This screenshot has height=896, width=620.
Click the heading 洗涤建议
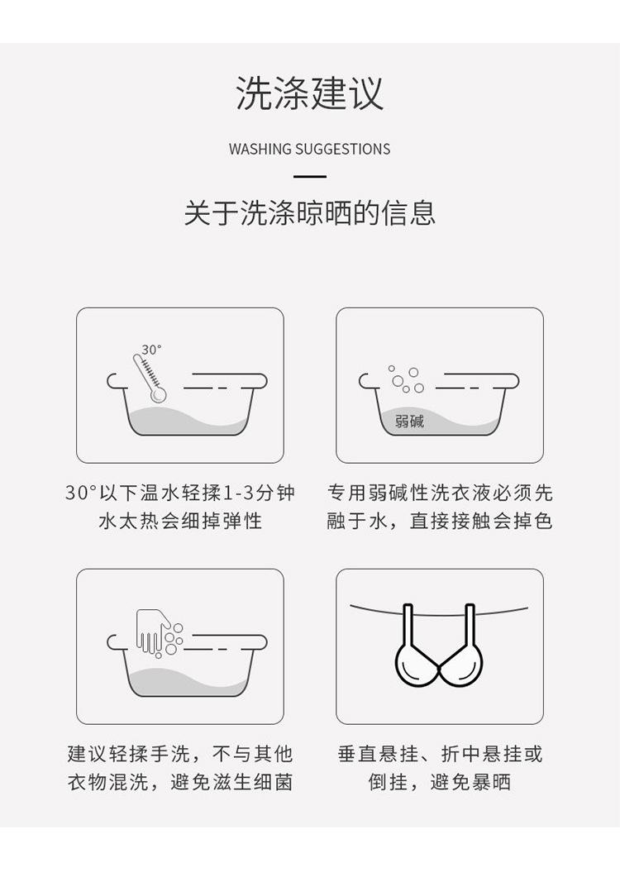pyautogui.click(x=310, y=93)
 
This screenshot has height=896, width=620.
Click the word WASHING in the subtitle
pyautogui.click(x=260, y=150)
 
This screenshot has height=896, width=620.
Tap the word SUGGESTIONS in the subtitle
pyautogui.click(x=343, y=150)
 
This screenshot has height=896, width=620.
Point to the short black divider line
pyautogui.click(x=310, y=176)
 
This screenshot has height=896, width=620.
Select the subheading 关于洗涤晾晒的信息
pyautogui.click(x=310, y=213)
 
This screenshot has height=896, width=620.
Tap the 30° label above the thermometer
pyautogui.click(x=151, y=350)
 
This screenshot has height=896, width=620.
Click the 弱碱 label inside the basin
pyautogui.click(x=409, y=421)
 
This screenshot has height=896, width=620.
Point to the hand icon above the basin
pyautogui.click(x=152, y=631)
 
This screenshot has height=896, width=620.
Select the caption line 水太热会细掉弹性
pyautogui.click(x=180, y=522)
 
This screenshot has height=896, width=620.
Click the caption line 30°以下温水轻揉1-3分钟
pyautogui.click(x=180, y=493)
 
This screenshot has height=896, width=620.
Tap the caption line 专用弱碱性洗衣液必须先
pyautogui.click(x=440, y=493)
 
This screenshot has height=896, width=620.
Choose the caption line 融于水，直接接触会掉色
pyautogui.click(x=440, y=522)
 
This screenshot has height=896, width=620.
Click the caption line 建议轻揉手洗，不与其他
pyautogui.click(x=180, y=754)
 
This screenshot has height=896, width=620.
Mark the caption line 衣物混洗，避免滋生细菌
pyautogui.click(x=180, y=782)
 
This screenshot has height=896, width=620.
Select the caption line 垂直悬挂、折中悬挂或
pyautogui.click(x=440, y=754)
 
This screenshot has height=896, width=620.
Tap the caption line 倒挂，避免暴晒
pyautogui.click(x=440, y=782)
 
